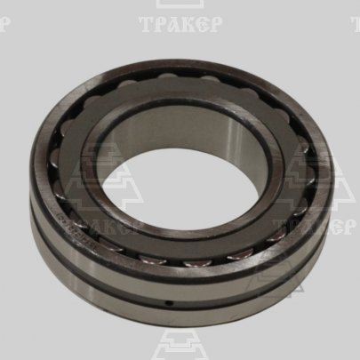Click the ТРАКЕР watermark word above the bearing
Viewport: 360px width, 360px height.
point(180,25)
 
